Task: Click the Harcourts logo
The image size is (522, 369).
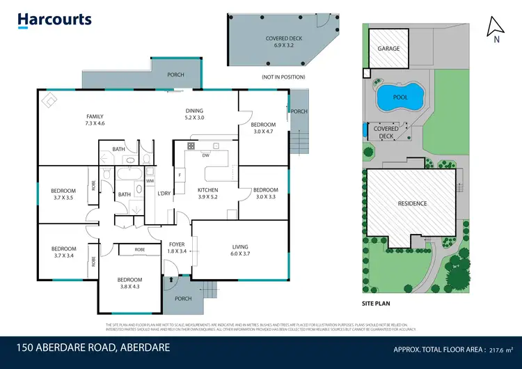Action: click(x=55, y=19)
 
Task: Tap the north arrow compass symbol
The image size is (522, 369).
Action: click(x=495, y=28)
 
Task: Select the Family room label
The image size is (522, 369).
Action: click(x=95, y=119)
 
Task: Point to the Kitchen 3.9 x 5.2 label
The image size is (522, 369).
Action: click(x=207, y=194)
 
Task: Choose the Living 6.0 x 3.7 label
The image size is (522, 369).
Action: click(x=239, y=251)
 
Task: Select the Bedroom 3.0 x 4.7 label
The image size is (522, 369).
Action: click(x=264, y=128)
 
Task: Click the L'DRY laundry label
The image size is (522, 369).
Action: click(x=164, y=193)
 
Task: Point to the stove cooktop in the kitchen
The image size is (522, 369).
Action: click(x=190, y=146)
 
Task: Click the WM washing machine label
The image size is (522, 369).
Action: click(x=149, y=181)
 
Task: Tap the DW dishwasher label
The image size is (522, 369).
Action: click(x=205, y=155)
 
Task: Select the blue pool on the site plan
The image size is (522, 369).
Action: click(x=400, y=97)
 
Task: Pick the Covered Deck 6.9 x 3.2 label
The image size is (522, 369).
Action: click(x=283, y=42)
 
